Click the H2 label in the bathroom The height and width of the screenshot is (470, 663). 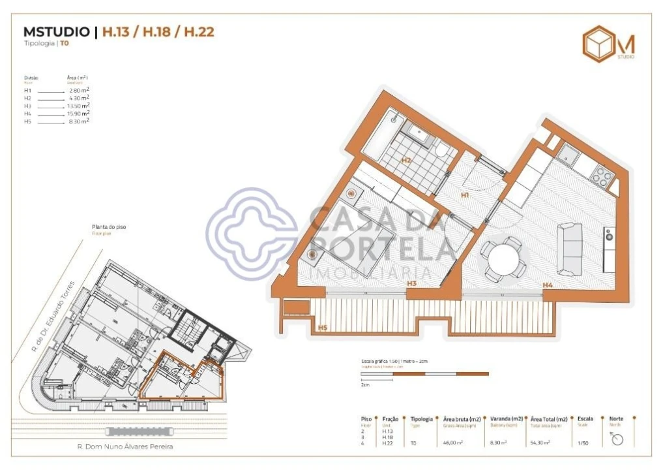[x=405, y=160]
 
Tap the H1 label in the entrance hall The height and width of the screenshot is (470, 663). [x=465, y=195]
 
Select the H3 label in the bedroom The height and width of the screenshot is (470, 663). [x=411, y=283]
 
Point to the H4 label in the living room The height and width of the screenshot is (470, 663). [x=548, y=285]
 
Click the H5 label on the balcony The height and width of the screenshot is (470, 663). [x=322, y=328]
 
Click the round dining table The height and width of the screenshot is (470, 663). [x=501, y=259]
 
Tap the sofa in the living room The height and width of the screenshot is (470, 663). [x=570, y=248]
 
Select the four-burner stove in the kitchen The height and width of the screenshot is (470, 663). [x=601, y=176]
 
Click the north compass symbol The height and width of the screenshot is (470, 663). [x=617, y=439]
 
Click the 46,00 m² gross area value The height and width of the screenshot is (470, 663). [x=452, y=443]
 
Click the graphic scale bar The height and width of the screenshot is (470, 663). [x=424, y=373]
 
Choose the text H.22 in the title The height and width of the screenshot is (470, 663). [x=199, y=31]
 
